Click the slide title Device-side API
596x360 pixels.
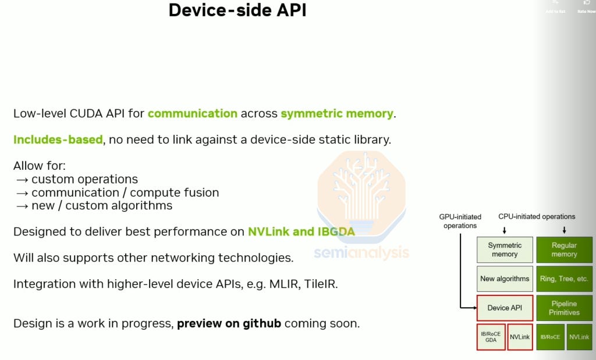[x=237, y=10]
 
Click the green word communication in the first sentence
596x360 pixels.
[x=193, y=113]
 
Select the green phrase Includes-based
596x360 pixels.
[x=58, y=140]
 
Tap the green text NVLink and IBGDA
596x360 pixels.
[x=301, y=231]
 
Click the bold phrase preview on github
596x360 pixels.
[x=229, y=323]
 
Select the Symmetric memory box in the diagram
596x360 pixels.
[x=505, y=249]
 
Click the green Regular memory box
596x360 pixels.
[x=564, y=249]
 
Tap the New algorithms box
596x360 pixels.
[x=505, y=279]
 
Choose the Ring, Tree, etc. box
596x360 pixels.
[x=564, y=279]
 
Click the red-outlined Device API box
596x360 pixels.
[x=505, y=308]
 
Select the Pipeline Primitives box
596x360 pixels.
[x=564, y=308]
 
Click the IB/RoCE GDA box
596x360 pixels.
[x=491, y=337]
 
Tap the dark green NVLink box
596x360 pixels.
[x=579, y=337]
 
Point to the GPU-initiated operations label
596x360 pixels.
[x=460, y=221]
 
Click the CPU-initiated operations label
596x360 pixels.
[x=537, y=216]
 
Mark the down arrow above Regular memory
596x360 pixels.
[x=564, y=230]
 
